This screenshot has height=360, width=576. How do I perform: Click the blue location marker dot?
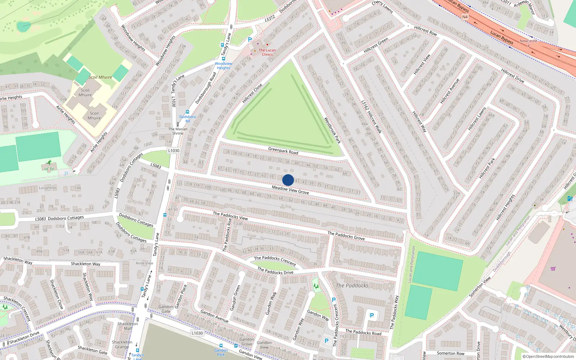click(288, 180)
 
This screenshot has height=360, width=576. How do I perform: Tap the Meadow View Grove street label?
click(290, 190)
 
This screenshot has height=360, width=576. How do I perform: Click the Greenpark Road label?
click(283, 150)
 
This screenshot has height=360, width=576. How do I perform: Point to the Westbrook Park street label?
click(332, 130)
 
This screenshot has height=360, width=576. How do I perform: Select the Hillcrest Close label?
click(252, 93)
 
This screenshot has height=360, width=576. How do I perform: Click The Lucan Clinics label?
click(267, 53)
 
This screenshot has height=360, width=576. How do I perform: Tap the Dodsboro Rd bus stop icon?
click(187, 112)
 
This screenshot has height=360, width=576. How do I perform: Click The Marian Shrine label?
click(177, 131)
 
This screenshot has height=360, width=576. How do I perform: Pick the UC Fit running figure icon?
click(49, 163)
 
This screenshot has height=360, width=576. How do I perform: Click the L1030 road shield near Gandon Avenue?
click(197, 333)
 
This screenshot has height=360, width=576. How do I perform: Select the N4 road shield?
click(465, 17)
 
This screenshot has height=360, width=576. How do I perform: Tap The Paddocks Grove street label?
click(346, 236)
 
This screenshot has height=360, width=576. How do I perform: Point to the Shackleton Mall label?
click(128, 326)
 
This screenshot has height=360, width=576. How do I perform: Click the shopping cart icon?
click(553, 268)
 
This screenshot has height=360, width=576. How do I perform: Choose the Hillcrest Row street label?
click(425, 31)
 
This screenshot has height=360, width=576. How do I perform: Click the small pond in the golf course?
click(24, 25)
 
